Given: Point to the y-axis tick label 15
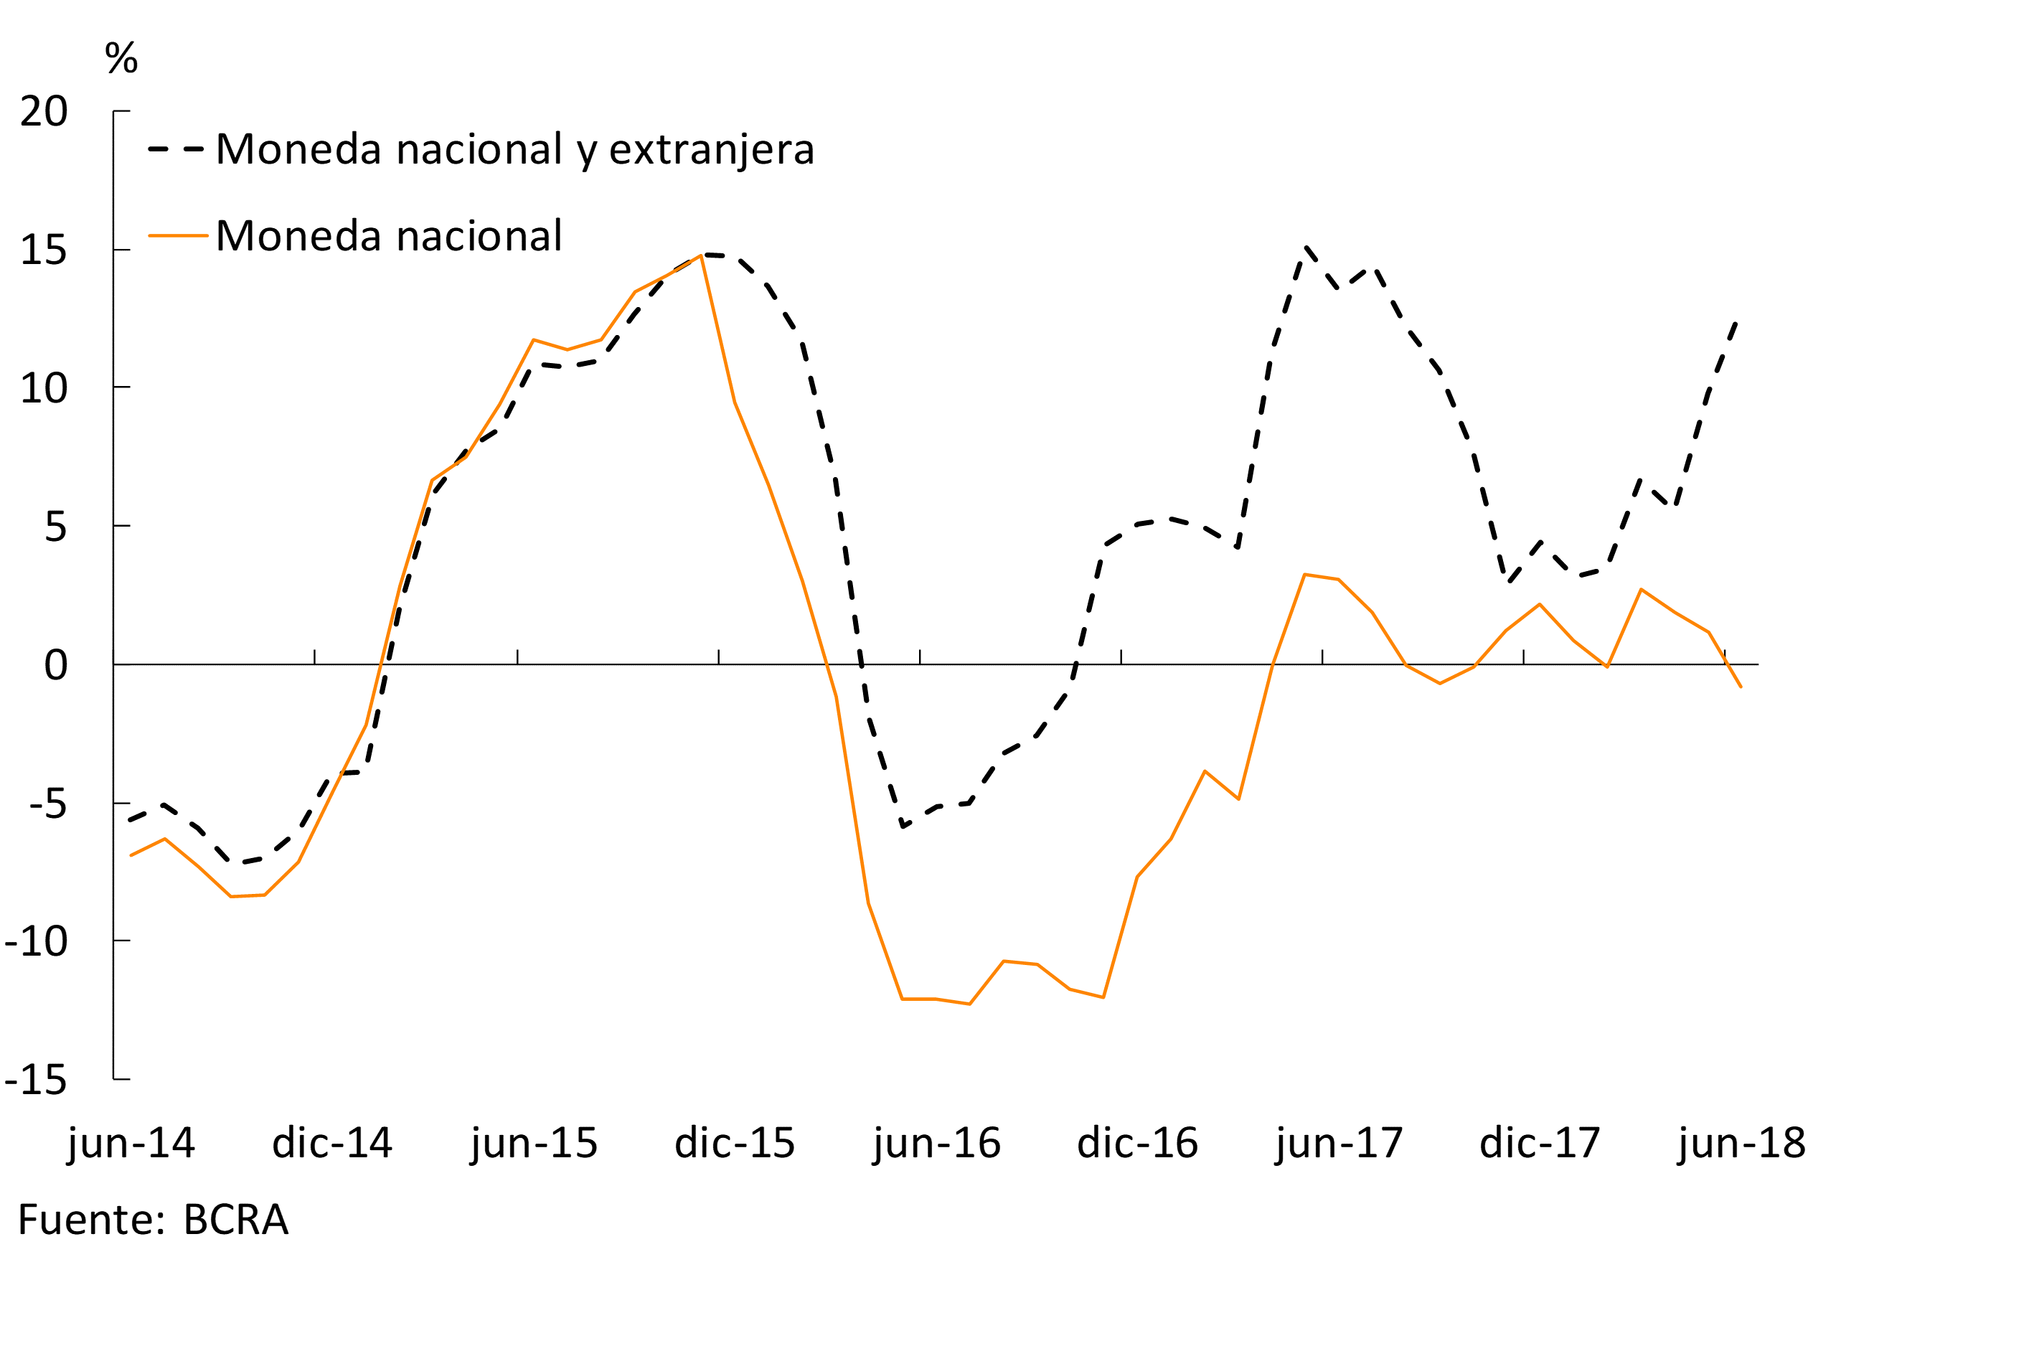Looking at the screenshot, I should [43, 251].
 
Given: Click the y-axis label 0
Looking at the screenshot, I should [55, 665].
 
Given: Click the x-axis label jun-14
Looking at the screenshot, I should [131, 1143].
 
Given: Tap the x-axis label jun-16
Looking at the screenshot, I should [936, 1143].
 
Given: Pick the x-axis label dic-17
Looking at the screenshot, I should [1540, 1143].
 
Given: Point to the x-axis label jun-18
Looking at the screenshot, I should [1742, 1143].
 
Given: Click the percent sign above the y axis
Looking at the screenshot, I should [121, 58].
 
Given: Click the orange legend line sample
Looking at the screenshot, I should [177, 235].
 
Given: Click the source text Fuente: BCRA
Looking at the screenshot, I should [153, 1220].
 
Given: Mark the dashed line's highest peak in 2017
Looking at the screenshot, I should [1306, 248].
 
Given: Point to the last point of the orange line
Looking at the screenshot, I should [1741, 687].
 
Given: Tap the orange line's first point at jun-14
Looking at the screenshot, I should [131, 855].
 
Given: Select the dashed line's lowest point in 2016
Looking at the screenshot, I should [902, 826].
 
